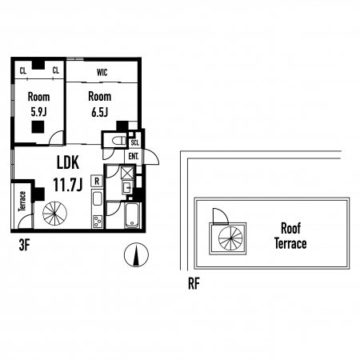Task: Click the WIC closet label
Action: click(102, 72)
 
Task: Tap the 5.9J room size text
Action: click(38, 112)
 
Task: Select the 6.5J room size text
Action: click(99, 112)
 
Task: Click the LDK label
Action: click(68, 162)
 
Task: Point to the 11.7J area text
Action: click(68, 184)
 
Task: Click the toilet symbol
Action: click(119, 140)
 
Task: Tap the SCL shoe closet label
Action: click(135, 142)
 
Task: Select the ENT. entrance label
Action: click(134, 156)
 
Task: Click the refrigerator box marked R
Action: click(97, 181)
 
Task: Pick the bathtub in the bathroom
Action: click(132, 216)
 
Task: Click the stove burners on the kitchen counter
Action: click(97, 222)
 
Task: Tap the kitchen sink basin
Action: click(97, 198)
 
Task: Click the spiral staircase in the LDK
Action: click(54, 214)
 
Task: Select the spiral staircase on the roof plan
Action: click(230, 238)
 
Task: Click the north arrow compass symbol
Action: click(136, 255)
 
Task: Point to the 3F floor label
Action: click(24, 246)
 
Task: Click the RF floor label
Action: click(194, 284)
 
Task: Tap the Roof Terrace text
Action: click(290, 236)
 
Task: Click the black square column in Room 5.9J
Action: click(38, 127)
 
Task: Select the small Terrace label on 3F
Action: click(22, 201)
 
